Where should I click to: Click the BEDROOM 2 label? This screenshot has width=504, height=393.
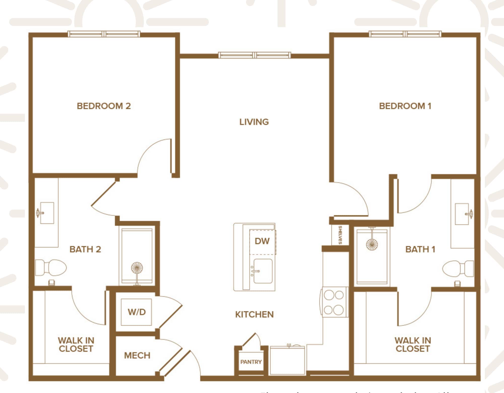[104, 106]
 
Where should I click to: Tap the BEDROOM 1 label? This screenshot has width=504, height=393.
[405, 106]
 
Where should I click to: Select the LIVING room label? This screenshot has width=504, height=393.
[254, 122]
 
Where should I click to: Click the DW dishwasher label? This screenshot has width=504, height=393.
[262, 241]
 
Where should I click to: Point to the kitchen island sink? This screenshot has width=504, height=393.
[263, 271]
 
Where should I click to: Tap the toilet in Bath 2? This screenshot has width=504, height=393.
[52, 267]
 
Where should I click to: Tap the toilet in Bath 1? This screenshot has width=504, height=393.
[457, 268]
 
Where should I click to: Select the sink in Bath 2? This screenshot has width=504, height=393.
[47, 213]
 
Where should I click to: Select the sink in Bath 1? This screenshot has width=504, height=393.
[462, 214]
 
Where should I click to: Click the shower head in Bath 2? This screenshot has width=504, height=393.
[137, 268]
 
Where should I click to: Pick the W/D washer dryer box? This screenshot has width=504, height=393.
[136, 312]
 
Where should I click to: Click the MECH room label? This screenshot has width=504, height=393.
[137, 355]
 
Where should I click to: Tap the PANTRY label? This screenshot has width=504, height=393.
[251, 362]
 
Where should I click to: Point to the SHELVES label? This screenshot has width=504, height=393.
[340, 235]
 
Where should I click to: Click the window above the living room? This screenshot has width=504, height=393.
[255, 55]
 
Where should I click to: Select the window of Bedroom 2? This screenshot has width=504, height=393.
[104, 34]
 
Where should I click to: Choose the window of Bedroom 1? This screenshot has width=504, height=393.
[405, 34]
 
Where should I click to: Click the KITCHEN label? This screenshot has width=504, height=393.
[254, 315]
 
